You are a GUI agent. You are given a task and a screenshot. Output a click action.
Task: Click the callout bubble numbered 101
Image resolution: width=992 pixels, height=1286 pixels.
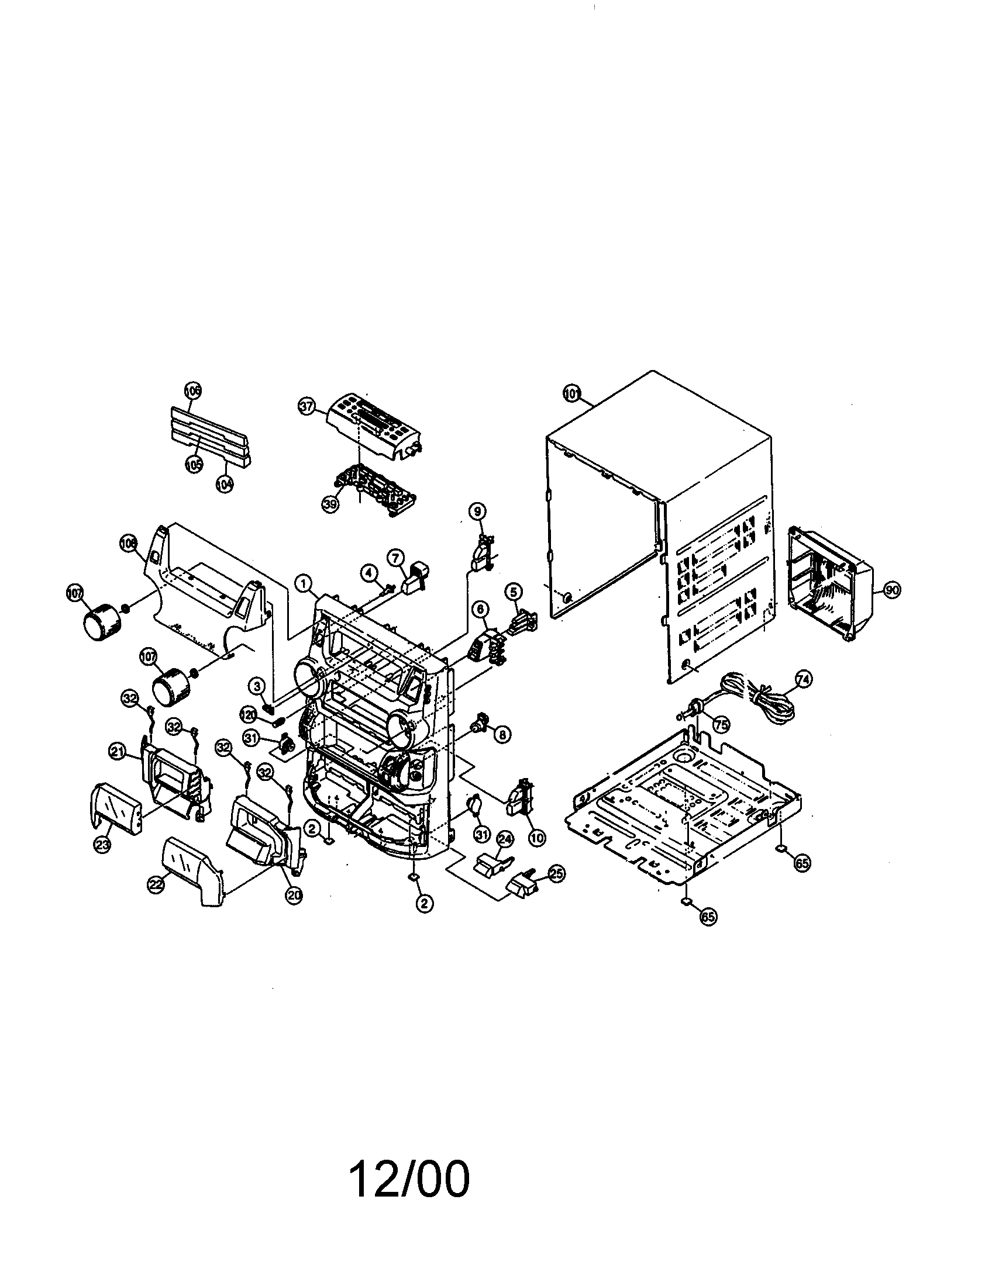click(x=570, y=394)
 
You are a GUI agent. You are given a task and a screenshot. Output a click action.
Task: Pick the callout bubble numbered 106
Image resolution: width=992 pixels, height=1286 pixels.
click(x=192, y=390)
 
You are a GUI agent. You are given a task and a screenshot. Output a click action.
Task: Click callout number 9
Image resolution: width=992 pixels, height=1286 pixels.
click(x=477, y=511)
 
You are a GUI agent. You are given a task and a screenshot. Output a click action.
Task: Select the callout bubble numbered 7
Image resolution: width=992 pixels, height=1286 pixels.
click(x=395, y=557)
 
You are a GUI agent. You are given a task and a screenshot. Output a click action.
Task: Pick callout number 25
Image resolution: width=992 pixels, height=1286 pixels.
click(x=556, y=873)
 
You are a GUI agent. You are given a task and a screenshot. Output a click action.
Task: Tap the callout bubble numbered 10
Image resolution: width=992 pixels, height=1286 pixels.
click(x=536, y=836)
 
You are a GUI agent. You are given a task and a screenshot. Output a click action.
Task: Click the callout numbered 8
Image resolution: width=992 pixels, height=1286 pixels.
click(x=502, y=734)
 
